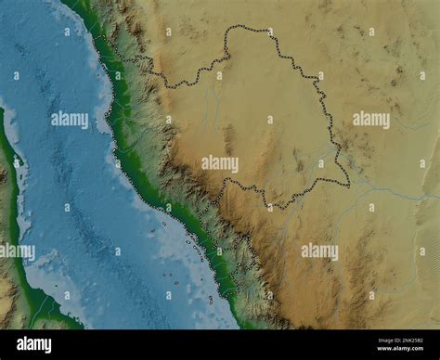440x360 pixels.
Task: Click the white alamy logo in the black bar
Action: click(x=35, y=344)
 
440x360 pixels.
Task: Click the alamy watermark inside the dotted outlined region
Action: click(x=220, y=163)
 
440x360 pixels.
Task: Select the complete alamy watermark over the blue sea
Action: click(x=70, y=119)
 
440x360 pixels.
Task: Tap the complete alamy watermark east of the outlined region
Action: click(x=371, y=119)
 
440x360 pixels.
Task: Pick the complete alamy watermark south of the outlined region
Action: click(x=319, y=251)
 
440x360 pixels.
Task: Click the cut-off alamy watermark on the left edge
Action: click(x=17, y=251)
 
